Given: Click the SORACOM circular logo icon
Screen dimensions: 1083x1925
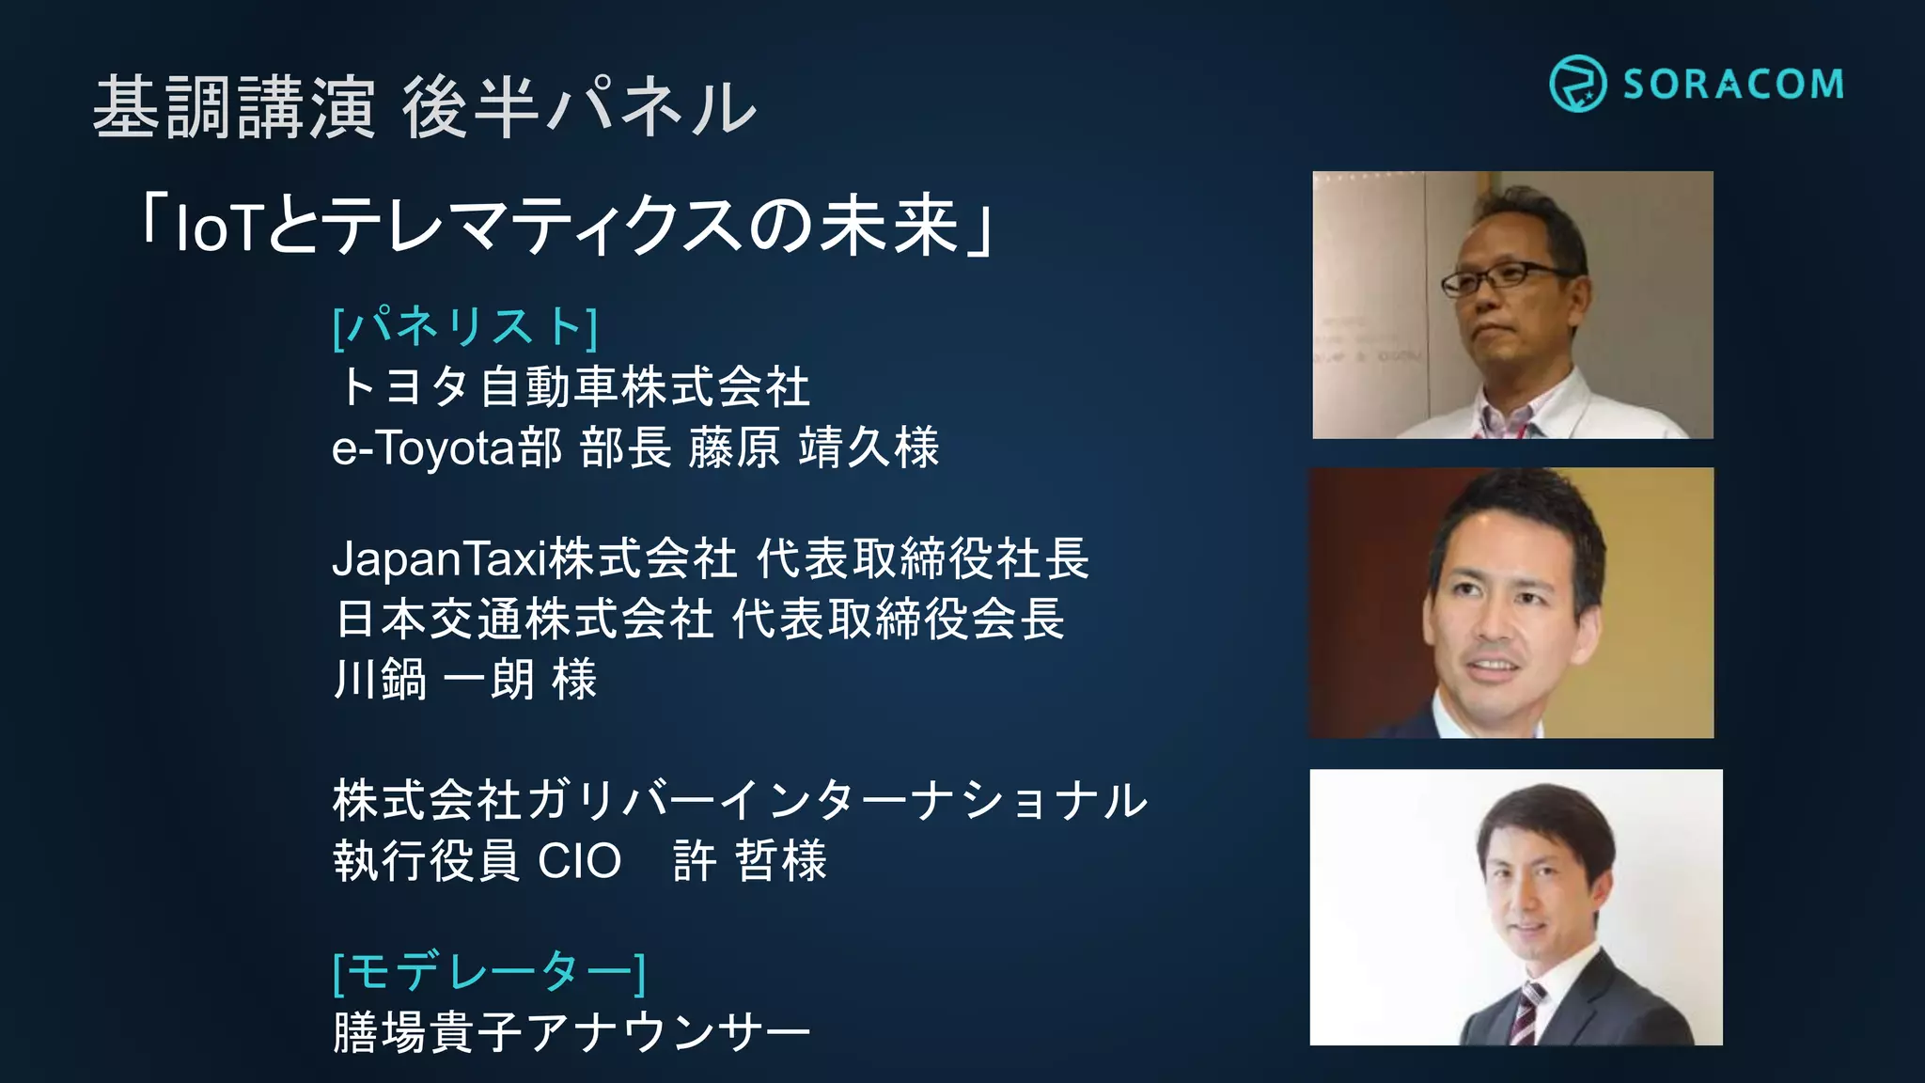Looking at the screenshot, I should point(1577,84).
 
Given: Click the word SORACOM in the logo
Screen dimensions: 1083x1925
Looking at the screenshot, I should point(1733,85).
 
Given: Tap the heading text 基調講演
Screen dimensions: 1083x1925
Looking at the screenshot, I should point(234,107).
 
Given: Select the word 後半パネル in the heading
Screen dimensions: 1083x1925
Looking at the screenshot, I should point(579,107).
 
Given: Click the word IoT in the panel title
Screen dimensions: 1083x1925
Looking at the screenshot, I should point(216,228).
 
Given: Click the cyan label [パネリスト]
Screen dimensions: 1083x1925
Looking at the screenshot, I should point(465,326).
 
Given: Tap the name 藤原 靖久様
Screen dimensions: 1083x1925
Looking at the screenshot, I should point(813,447).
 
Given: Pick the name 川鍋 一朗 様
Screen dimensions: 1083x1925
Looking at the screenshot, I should point(465,679).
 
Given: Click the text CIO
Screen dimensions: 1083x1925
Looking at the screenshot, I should point(579,861).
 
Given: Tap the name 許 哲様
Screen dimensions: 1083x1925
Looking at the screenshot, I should point(750,861).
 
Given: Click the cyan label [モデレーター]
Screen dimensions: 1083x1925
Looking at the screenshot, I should point(489,971).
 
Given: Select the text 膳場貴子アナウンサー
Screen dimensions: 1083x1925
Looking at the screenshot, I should point(571,1031).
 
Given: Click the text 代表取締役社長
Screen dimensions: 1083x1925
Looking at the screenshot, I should point(922,558).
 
